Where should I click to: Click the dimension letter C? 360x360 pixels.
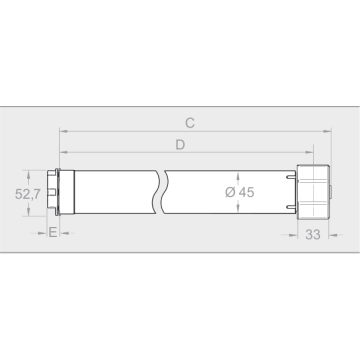(190, 123)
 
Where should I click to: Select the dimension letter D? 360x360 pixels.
(180, 145)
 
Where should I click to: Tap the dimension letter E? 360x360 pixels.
(53, 232)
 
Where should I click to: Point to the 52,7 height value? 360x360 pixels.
(28, 194)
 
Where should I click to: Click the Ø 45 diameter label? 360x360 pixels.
(240, 192)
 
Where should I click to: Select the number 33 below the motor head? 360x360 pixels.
(313, 235)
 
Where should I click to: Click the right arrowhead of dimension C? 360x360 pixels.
(327, 131)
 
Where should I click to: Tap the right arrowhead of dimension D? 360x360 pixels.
(309, 152)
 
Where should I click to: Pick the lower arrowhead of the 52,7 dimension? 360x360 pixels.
(28, 211)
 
